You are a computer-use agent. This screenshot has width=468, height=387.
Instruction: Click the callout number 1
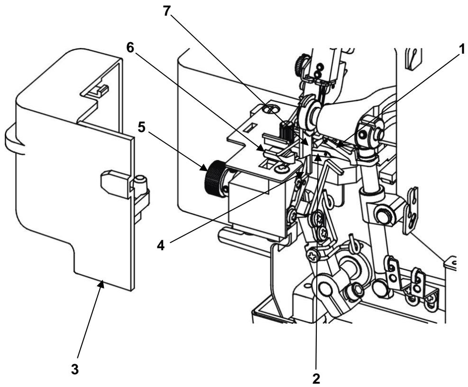[x=461, y=49]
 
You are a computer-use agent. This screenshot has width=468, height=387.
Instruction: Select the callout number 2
[x=316, y=378]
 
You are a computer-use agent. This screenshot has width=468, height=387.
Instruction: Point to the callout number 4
[x=161, y=245]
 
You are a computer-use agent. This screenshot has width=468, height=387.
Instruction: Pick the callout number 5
[x=141, y=128]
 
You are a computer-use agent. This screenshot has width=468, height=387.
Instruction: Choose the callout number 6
[x=130, y=48]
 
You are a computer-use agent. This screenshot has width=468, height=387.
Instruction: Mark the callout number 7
[x=167, y=11]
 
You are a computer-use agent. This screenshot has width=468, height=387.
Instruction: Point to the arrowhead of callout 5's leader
[x=204, y=167]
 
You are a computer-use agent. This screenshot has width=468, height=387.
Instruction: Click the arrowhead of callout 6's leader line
[x=261, y=148]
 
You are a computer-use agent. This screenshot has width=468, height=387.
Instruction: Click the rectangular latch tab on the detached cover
[x=115, y=184]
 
